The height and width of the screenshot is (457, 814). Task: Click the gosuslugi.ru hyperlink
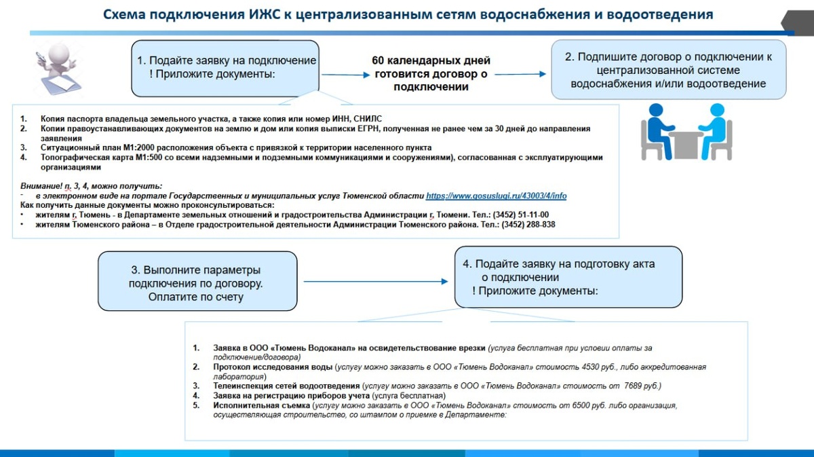click(496, 196)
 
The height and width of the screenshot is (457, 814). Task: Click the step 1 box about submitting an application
click(225, 67)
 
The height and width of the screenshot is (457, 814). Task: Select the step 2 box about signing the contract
click(668, 70)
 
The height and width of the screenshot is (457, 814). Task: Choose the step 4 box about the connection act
click(568, 276)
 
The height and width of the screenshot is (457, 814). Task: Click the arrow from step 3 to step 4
click(376, 281)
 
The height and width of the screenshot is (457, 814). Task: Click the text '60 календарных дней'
click(431, 61)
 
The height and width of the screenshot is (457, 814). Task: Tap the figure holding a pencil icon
click(53, 70)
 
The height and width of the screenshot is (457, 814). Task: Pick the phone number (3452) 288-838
click(528, 225)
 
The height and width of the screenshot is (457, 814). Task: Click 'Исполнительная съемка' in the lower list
click(260, 405)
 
